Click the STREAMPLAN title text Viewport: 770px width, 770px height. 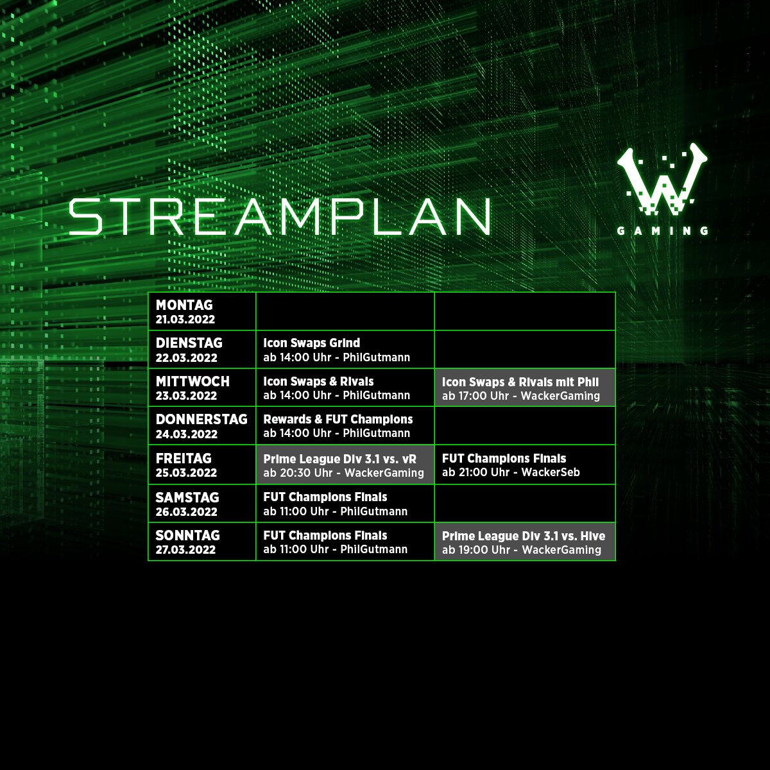pyautogui.click(x=280, y=216)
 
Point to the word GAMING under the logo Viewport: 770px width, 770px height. pyautogui.click(x=662, y=231)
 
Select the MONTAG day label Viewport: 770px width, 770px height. pyautogui.click(x=184, y=305)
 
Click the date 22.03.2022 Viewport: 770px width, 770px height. pyautogui.click(x=186, y=358)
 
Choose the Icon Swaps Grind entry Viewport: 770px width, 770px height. pyautogui.click(x=311, y=343)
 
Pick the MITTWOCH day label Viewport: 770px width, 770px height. pyautogui.click(x=193, y=381)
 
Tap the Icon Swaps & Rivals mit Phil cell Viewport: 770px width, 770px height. pyautogui.click(x=524, y=388)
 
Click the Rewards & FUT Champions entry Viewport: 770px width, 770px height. pyautogui.click(x=338, y=420)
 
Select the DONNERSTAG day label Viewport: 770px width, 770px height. pyautogui.click(x=201, y=420)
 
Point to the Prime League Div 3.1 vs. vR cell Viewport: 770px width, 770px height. pyautogui.click(x=345, y=465)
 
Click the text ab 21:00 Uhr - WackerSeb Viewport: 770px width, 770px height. pyautogui.click(x=511, y=473)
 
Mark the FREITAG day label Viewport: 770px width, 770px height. pyautogui.click(x=184, y=459)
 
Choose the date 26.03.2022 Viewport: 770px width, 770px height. pyautogui.click(x=186, y=512)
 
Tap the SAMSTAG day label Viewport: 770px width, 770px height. pyautogui.click(x=187, y=497)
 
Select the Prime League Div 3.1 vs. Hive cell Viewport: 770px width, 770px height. pyautogui.click(x=524, y=542)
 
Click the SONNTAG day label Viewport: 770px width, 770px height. pyautogui.click(x=187, y=535)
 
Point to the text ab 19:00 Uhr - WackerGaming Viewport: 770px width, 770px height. pyautogui.click(x=521, y=550)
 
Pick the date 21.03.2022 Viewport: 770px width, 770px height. pyautogui.click(x=185, y=320)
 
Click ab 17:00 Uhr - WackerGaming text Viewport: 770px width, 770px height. pyautogui.click(x=520, y=396)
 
